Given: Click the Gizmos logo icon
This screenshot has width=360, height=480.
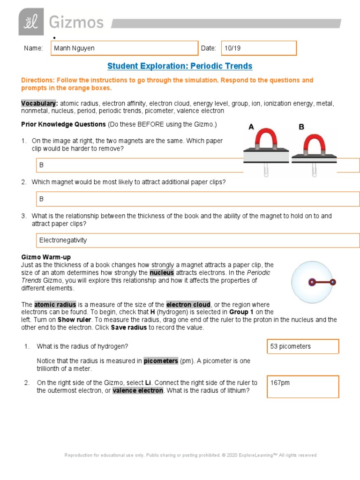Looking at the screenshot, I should coord(31,22).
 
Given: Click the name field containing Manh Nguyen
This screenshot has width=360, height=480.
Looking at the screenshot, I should coord(124,48).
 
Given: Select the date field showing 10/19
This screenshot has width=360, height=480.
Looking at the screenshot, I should coord(258,48).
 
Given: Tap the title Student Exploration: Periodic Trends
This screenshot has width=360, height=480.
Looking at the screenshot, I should coord(180,66).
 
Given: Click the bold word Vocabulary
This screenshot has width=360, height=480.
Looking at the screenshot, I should coord(39,103).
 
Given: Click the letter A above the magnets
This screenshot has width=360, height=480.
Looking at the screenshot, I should coord(251,127).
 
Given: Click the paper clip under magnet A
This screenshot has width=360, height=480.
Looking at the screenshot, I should coord(265,170).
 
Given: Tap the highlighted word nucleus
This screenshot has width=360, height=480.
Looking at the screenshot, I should coord(162,272).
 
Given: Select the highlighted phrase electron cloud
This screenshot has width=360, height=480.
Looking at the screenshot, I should coord(188,305).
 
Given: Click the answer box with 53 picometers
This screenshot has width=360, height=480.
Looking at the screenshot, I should coord(302,346).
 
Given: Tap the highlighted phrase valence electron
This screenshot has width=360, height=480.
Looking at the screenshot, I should coord(138,390).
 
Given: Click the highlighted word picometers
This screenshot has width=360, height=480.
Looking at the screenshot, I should coord(160,361).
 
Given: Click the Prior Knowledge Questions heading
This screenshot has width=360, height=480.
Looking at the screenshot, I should coord(63,125).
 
